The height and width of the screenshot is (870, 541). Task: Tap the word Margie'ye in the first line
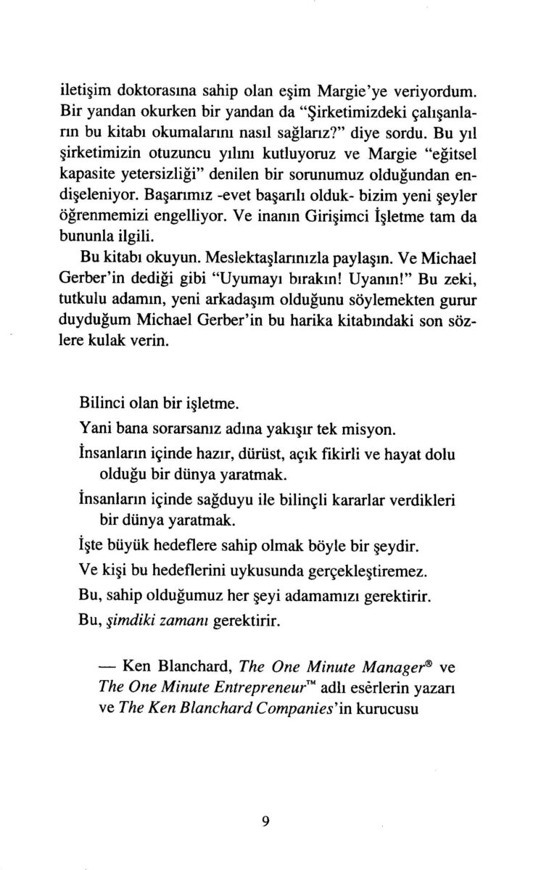tap(353, 92)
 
